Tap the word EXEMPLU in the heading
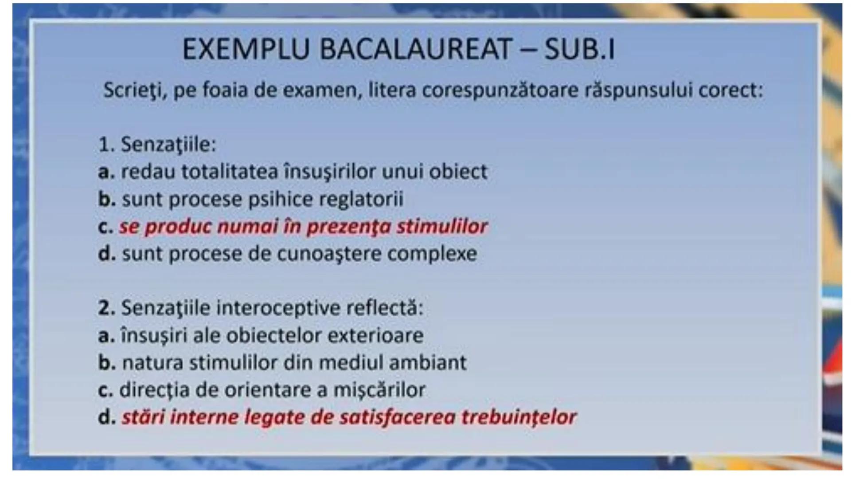(246, 49)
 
